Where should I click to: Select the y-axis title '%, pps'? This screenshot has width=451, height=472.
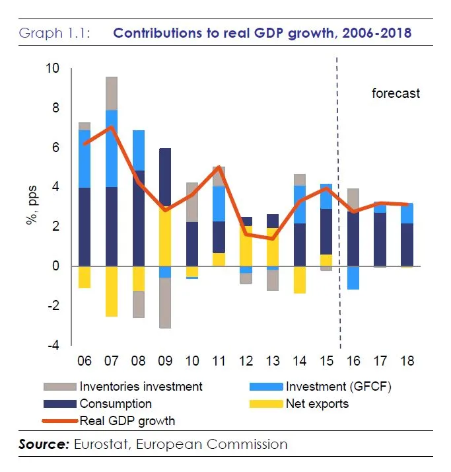pos(30,206)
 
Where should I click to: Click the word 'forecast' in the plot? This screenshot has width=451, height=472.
pos(396,93)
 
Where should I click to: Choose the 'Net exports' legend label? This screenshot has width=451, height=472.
pos(316,403)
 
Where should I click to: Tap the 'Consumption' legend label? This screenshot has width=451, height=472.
pos(116,403)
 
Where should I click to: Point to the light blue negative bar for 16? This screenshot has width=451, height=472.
pos(353,278)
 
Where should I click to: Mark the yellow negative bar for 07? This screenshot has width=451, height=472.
pos(111,291)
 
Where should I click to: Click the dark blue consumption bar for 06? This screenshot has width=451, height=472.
pos(85,227)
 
